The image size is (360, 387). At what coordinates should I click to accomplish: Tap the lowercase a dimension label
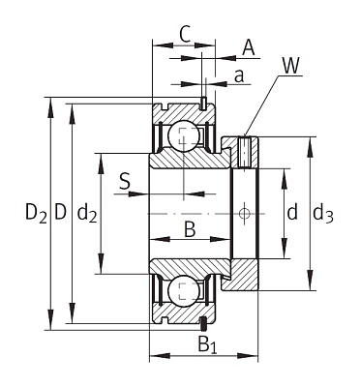237,76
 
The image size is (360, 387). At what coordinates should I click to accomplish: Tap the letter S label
125,180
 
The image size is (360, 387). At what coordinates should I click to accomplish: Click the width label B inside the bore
189,229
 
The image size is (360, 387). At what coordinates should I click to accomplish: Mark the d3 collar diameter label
323,213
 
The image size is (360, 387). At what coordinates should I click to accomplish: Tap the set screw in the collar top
245,151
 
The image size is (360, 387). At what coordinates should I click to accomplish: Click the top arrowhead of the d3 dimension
310,142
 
